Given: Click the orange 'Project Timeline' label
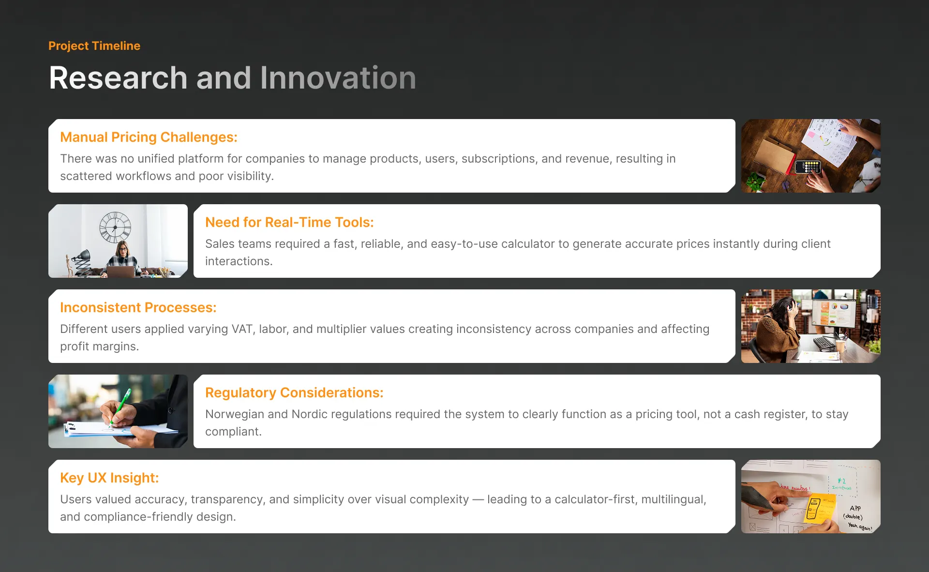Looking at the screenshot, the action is [x=94, y=46].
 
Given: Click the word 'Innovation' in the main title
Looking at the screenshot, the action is [x=338, y=78].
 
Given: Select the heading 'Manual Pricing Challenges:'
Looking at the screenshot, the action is [x=149, y=137].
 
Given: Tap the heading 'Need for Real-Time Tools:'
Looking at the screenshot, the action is [x=289, y=222].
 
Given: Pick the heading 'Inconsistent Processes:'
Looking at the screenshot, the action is [x=138, y=307].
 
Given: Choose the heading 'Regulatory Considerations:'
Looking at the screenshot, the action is [x=294, y=392].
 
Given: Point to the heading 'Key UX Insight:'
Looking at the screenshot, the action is [x=109, y=478].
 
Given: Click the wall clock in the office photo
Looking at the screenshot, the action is [x=115, y=227].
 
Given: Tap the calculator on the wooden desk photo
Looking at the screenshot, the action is [x=808, y=167].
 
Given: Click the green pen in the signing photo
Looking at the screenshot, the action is [x=120, y=406].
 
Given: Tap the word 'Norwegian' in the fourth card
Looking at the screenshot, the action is [x=235, y=415].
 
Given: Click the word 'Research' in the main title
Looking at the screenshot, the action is [x=119, y=78].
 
